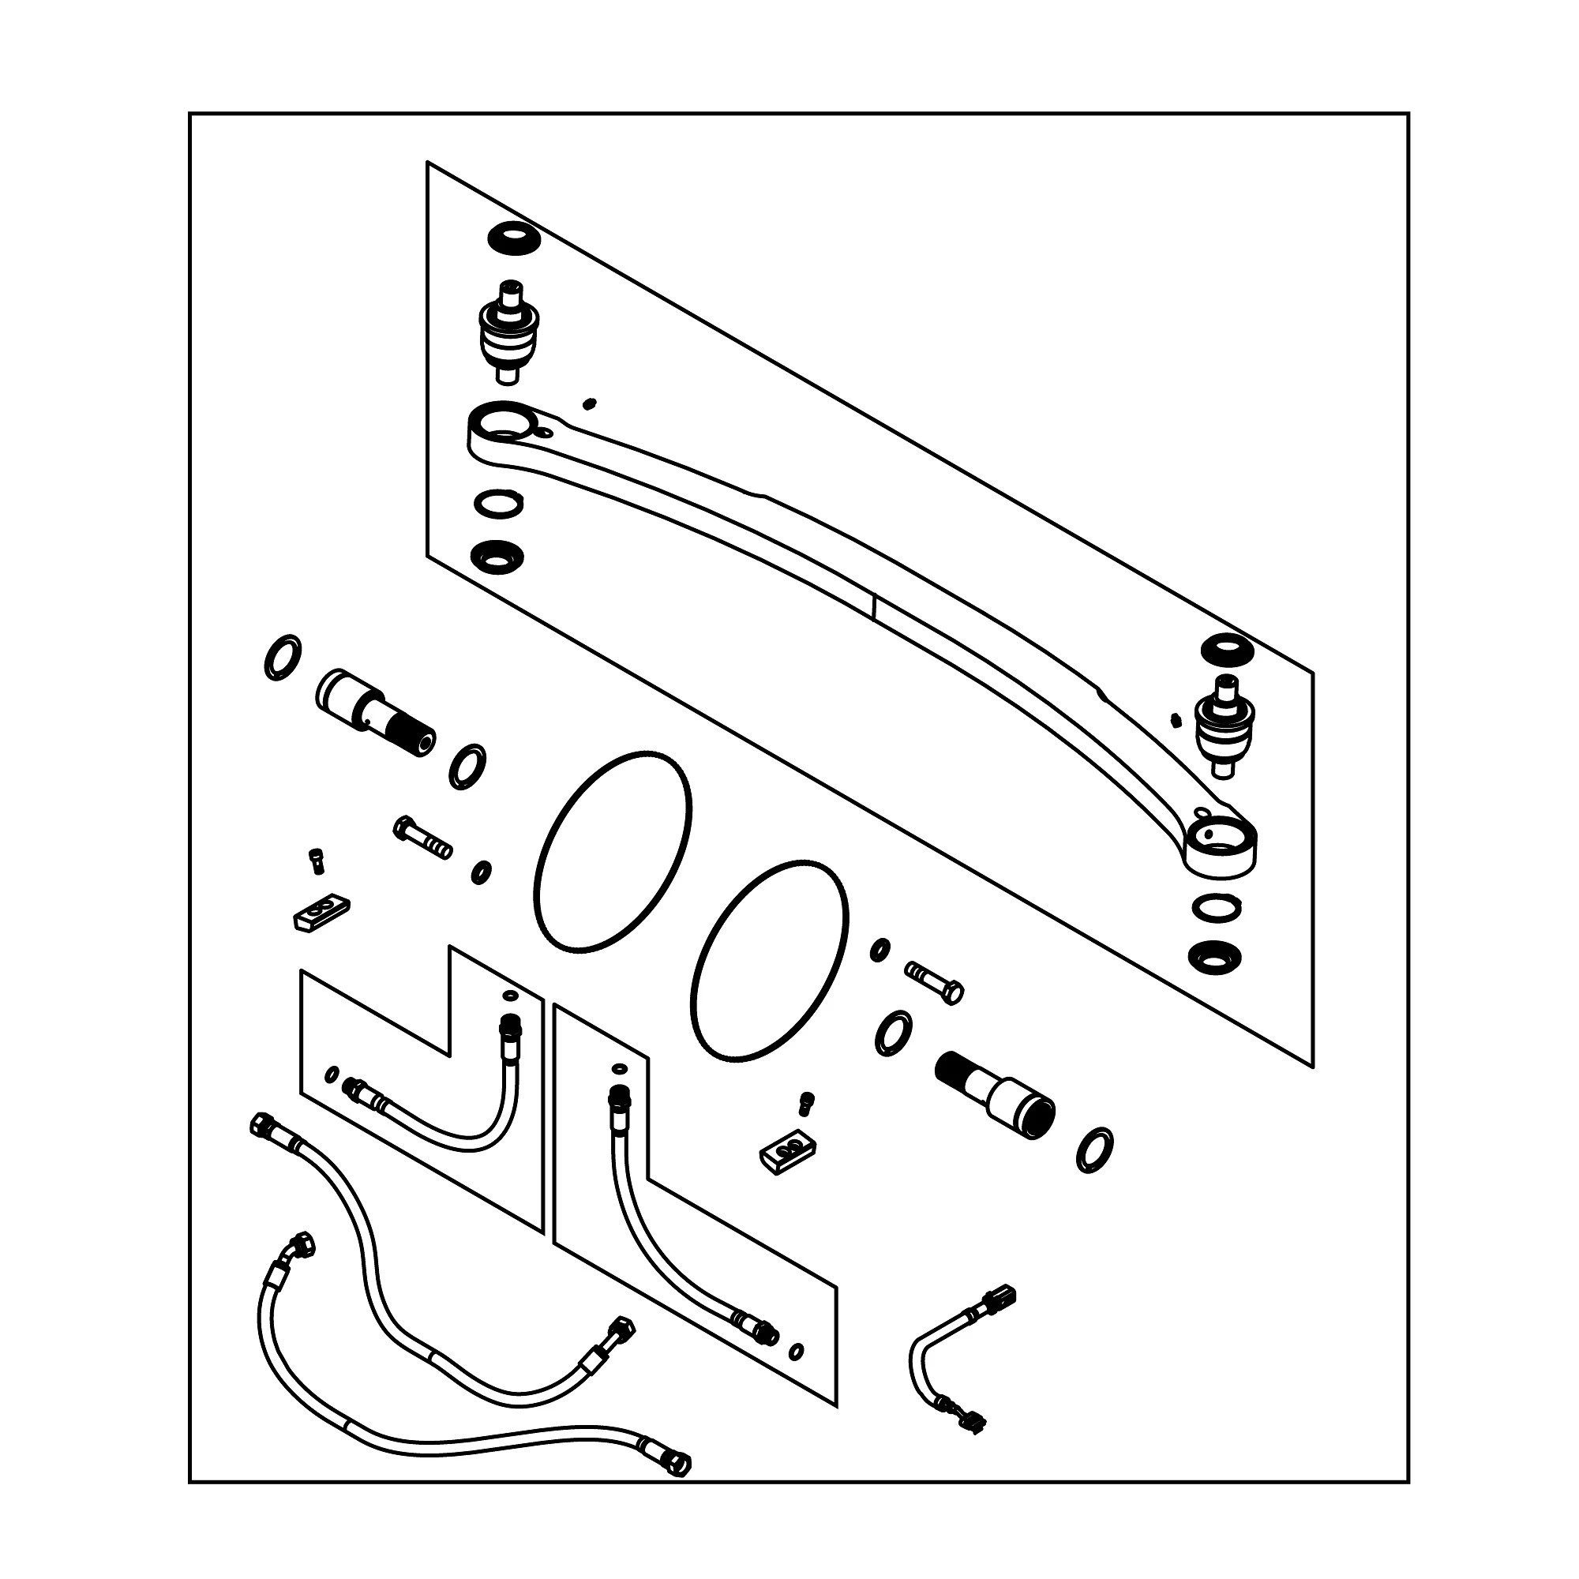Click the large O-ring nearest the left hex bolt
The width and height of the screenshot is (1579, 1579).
tap(612, 853)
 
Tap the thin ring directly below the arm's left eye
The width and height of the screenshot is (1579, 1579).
tap(498, 504)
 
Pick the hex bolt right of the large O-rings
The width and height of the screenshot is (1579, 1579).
tap(934, 981)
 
